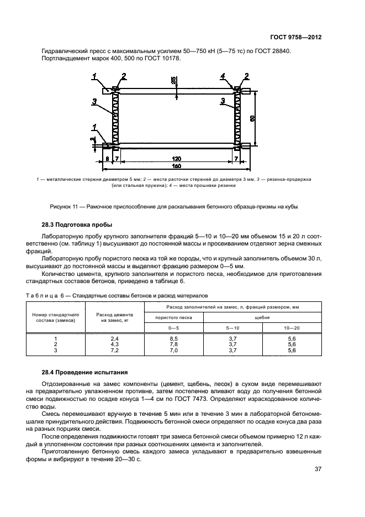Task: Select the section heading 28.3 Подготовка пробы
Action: pyautogui.click(x=77, y=225)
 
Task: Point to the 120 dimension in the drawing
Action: pyautogui.click(x=176, y=159)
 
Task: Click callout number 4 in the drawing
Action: pyautogui.click(x=223, y=76)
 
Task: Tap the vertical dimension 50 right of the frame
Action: pyautogui.click(x=252, y=118)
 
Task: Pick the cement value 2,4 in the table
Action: pyautogui.click(x=115, y=338)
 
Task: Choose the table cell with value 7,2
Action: pyautogui.click(x=115, y=350)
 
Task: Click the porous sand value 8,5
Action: pyautogui.click(x=173, y=338)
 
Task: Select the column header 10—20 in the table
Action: pyautogui.click(x=292, y=327)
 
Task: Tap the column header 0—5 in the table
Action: pyautogui.click(x=173, y=327)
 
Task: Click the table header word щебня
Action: pyautogui.click(x=262, y=317)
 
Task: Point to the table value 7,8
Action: pyautogui.click(x=173, y=344)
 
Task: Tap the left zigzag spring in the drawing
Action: pyautogui.click(x=117, y=119)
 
